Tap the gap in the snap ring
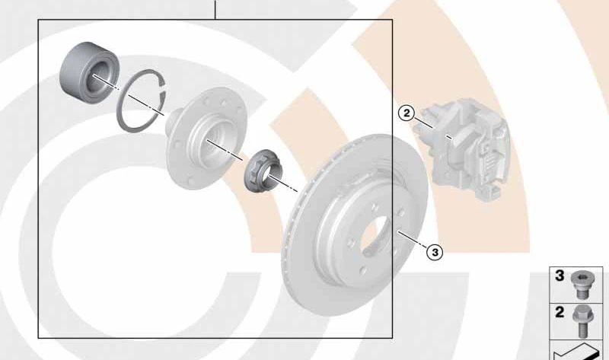coord(164,88)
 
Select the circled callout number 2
coord(407,113)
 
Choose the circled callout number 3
coord(435,253)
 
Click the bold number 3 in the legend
coord(560,276)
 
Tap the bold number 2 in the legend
coord(560,312)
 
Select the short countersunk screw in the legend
coord(580,285)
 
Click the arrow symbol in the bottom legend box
coord(576,352)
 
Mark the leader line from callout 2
coord(422,122)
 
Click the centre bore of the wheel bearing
coord(96,79)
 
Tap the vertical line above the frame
coord(215,9)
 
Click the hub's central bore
coord(212,143)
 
